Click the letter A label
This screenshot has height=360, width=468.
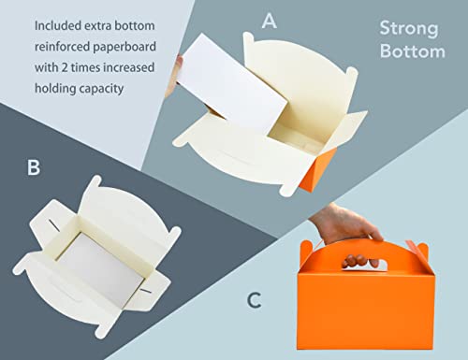pyautogui.click(x=269, y=22)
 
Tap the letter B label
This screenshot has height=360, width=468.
pyautogui.click(x=34, y=167)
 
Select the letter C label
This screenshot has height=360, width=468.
pyautogui.click(x=254, y=300)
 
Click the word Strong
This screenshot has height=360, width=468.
pyautogui.click(x=409, y=30)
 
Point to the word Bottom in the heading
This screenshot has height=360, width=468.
pyautogui.click(x=413, y=50)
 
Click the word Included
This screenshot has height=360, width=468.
pyautogui.click(x=58, y=25)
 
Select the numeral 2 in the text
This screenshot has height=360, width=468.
pyautogui.click(x=65, y=67)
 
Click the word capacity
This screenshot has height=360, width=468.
pyautogui.click(x=101, y=90)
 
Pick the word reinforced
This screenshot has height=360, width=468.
pyautogui.click(x=63, y=47)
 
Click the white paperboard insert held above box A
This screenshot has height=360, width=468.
pyautogui.click(x=231, y=84)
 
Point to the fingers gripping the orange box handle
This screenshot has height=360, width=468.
pyautogui.click(x=360, y=261)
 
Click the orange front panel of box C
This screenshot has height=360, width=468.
pyautogui.click(x=366, y=310)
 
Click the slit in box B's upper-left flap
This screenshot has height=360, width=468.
pyautogui.click(x=53, y=225)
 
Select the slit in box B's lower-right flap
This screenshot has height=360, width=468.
pyautogui.click(x=145, y=291)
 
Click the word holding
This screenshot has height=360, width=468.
pyautogui.click(x=55, y=89)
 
